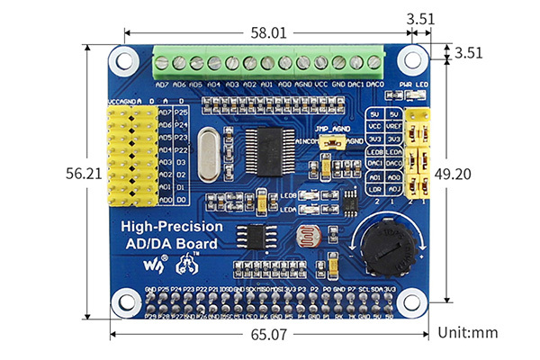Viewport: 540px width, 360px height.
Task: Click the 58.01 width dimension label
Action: (269, 32)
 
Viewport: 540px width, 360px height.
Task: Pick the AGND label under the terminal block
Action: (303, 84)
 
